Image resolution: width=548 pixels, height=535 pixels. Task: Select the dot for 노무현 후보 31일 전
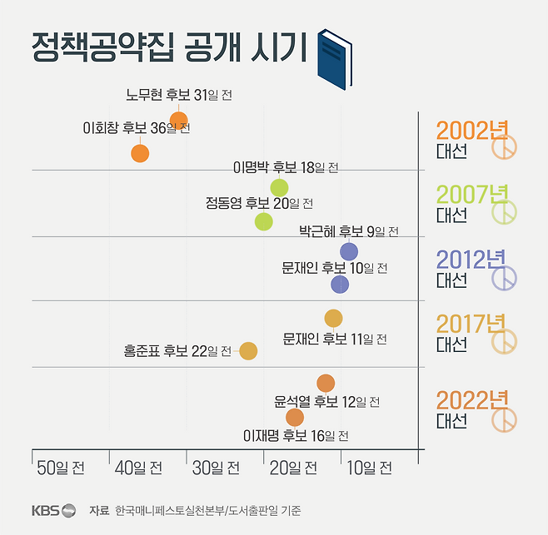(178, 120)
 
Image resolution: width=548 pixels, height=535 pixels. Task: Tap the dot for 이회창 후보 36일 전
(140, 153)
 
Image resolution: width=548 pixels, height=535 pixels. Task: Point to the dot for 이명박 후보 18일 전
(279, 188)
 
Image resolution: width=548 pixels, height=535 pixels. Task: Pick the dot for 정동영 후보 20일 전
(264, 221)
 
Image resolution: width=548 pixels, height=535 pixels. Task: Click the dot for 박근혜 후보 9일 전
(349, 251)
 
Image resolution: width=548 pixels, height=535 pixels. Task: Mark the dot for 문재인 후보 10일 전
(340, 285)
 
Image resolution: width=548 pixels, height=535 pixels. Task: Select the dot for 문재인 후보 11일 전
(333, 318)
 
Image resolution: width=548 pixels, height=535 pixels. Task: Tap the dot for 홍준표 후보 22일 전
(248, 351)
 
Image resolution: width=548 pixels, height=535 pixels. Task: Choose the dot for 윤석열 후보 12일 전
(326, 383)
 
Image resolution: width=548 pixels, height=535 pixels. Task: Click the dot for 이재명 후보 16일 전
(295, 417)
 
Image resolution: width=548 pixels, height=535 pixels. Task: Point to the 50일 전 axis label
(61, 468)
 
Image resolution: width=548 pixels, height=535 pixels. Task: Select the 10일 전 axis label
(367, 468)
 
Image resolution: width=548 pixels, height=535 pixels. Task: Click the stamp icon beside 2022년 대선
(504, 420)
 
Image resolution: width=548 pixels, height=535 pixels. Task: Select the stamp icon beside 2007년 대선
(504, 214)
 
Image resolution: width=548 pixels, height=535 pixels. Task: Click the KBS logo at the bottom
(54, 510)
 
